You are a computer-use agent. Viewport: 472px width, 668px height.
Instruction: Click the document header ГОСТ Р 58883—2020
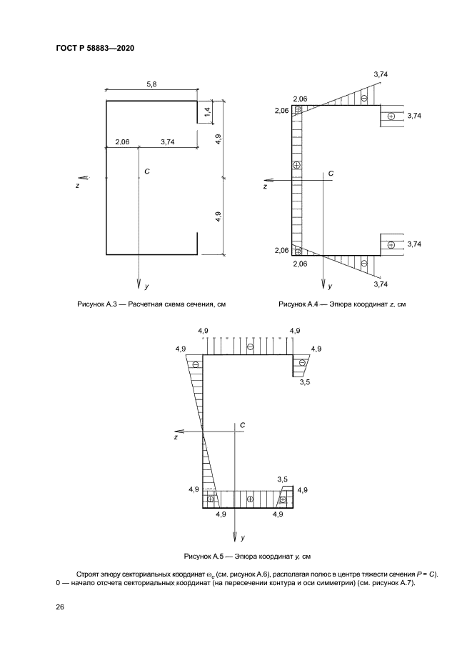click(x=95, y=48)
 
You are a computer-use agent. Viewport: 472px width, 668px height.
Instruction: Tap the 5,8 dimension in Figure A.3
click(x=151, y=84)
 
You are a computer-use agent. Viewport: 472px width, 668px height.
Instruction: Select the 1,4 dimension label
click(x=207, y=112)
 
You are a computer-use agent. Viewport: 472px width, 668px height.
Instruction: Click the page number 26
click(x=59, y=607)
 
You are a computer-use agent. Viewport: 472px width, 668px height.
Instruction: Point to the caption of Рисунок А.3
click(x=151, y=304)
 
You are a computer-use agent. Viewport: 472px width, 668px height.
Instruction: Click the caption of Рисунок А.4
click(x=342, y=304)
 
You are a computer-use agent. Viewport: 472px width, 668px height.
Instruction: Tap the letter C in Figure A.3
click(x=147, y=171)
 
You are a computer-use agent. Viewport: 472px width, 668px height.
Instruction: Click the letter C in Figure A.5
click(x=242, y=425)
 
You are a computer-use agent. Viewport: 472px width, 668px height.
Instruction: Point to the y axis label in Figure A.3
click(x=146, y=286)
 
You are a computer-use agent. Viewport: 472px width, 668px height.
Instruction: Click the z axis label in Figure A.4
click(x=265, y=186)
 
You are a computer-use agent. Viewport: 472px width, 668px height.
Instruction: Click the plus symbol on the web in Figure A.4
click(x=297, y=165)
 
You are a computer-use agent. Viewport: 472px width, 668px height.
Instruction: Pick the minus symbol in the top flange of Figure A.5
click(x=250, y=347)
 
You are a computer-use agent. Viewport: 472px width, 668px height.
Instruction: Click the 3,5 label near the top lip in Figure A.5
click(x=305, y=382)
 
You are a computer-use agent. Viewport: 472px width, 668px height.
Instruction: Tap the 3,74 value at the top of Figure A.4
click(x=381, y=74)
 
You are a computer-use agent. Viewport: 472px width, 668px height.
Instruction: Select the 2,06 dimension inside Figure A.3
click(x=122, y=142)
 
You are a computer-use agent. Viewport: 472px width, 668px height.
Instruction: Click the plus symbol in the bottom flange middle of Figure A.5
click(x=250, y=499)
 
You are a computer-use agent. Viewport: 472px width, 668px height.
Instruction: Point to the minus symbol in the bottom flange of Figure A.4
click(x=364, y=263)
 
